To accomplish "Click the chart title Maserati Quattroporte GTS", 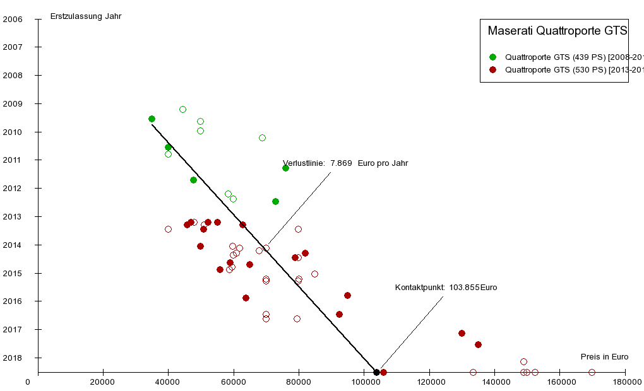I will [558, 30].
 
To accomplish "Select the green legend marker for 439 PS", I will [492, 57].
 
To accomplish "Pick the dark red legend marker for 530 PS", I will [492, 69].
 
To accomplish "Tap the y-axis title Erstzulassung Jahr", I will [86, 16].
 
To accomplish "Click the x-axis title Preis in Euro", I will [605, 357].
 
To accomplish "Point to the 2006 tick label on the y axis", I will [13, 19].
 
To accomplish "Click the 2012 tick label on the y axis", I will [13, 189].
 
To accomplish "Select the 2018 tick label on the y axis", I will [13, 358].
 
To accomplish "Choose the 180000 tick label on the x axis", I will [625, 382].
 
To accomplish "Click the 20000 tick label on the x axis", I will [103, 382].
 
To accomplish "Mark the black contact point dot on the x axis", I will [376, 372].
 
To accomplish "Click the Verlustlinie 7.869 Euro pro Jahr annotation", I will [345, 163].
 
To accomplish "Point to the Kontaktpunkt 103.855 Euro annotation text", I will [446, 288].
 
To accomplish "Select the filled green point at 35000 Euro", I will [152, 119].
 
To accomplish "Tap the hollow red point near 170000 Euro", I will [592, 372].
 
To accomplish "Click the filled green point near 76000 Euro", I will [285, 168].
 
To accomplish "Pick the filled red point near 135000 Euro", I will [478, 344].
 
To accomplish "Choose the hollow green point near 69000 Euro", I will [262, 137].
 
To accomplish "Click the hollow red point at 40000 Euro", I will [168, 229].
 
